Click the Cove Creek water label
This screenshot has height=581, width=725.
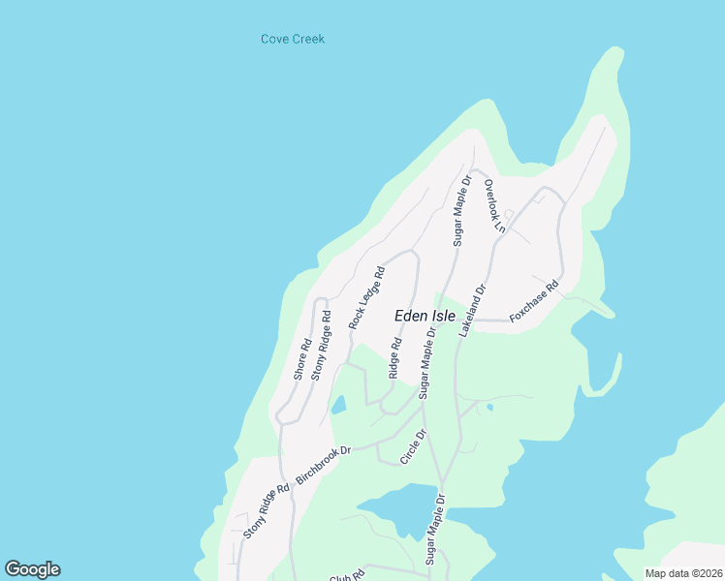pyautogui.click(x=292, y=40)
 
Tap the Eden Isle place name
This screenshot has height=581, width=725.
pyautogui.click(x=425, y=316)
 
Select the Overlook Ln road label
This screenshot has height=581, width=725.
pyautogui.click(x=495, y=206)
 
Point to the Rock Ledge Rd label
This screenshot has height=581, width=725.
pyautogui.click(x=367, y=298)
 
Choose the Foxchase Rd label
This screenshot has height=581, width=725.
pyautogui.click(x=535, y=302)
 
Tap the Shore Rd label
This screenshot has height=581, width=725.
pyautogui.click(x=303, y=358)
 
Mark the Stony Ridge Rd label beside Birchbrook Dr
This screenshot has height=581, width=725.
pyautogui.click(x=267, y=511)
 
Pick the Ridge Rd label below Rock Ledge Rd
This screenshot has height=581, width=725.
pyautogui.click(x=394, y=357)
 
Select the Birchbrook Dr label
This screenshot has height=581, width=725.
pyautogui.click(x=323, y=463)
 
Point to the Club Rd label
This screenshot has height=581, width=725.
pyautogui.click(x=345, y=575)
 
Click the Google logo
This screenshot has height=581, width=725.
pyautogui.click(x=32, y=569)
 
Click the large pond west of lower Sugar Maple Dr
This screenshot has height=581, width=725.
pyautogui.click(x=393, y=514)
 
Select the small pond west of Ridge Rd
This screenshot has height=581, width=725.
pyautogui.click(x=338, y=405)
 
